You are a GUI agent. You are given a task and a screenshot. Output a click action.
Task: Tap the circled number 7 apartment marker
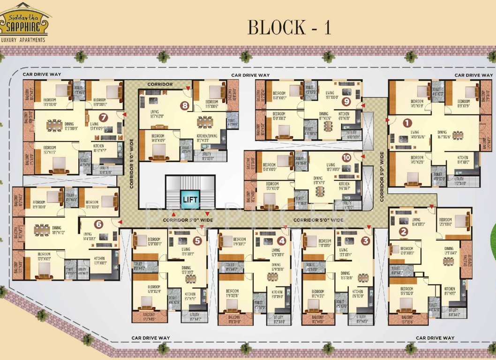click(103, 118)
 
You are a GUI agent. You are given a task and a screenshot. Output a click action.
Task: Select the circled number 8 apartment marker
click(185, 105)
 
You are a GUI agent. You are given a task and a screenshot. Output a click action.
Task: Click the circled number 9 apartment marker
click(346, 101)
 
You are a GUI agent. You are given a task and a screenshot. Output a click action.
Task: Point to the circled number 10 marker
click(346, 157)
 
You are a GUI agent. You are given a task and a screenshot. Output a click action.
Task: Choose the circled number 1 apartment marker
click(407, 123)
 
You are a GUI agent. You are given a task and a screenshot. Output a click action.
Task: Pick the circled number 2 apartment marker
click(403, 231)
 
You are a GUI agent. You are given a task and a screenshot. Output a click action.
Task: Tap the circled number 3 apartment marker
click(366, 241)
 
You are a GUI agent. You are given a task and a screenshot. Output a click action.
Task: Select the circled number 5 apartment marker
click(197, 241)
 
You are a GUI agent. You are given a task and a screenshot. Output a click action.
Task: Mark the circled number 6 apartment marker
click(98, 224)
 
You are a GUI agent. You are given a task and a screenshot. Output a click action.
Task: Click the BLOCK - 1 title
click(289, 27)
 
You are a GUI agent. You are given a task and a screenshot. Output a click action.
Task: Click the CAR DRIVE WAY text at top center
click(251, 75)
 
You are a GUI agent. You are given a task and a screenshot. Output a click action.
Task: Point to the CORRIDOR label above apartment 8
click(160, 84)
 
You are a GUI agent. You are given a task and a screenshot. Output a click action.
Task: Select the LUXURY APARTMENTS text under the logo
click(23, 40)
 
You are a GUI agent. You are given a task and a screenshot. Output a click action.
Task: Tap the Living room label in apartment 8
click(155, 112)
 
